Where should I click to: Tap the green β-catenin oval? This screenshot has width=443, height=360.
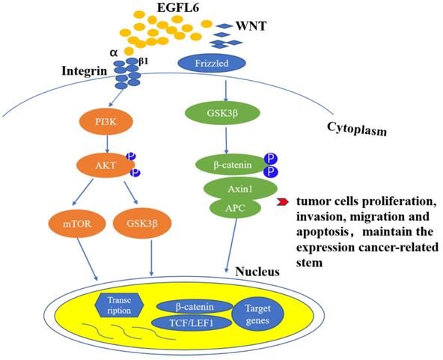(x=228, y=164)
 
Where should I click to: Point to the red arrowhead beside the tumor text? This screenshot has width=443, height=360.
(x=284, y=202)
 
